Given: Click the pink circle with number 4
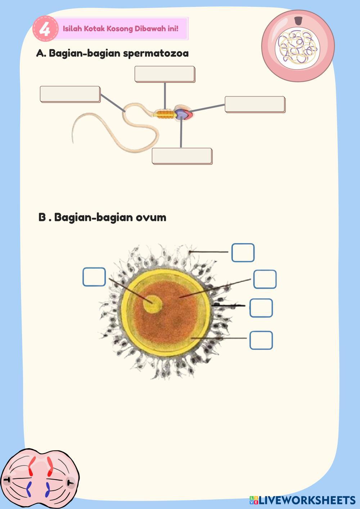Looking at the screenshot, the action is [x=45, y=28].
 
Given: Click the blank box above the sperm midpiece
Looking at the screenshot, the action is [x=165, y=74].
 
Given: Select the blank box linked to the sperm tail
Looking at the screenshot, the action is [x=70, y=94].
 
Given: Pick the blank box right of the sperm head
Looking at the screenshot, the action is [x=255, y=104].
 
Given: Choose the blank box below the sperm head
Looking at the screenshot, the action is [x=182, y=156].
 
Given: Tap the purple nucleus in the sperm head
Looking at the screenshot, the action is [x=182, y=114].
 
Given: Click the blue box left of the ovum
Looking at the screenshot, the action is [x=94, y=277].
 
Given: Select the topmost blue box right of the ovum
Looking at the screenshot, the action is [x=243, y=252].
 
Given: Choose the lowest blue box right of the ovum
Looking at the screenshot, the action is [x=261, y=340].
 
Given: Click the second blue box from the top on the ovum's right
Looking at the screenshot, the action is [x=265, y=279].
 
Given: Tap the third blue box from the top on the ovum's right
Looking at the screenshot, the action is [x=261, y=308].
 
